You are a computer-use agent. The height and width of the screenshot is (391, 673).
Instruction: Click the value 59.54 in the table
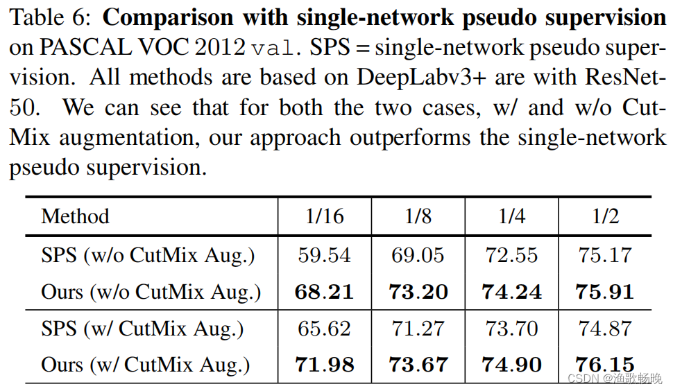[x=324, y=255]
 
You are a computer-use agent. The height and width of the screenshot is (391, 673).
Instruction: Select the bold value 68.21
[x=324, y=291]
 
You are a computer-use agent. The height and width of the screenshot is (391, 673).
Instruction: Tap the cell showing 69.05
[x=418, y=255]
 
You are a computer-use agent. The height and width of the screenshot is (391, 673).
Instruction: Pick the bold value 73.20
[x=418, y=291]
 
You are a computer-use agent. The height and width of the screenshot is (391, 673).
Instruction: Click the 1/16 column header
[x=324, y=216]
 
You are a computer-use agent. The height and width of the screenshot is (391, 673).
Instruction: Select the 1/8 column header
[x=418, y=216]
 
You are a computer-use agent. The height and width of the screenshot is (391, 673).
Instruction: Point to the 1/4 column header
[x=512, y=216]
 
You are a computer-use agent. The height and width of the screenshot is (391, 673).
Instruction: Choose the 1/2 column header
[x=605, y=216]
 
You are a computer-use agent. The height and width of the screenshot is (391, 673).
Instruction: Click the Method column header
[x=75, y=216]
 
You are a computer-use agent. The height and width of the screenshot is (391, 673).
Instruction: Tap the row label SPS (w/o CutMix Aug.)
[x=148, y=255]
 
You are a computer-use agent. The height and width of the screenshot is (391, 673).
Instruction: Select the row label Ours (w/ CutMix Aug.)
[x=145, y=365]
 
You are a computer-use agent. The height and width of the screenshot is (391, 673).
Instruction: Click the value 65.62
[x=324, y=328]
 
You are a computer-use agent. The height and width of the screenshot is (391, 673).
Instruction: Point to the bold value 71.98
[x=324, y=365]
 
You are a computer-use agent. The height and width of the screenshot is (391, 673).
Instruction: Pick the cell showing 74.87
[x=605, y=328]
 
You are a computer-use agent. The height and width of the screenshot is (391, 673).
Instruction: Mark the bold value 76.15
[x=605, y=365]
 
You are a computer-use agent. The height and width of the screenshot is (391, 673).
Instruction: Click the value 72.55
[x=512, y=255]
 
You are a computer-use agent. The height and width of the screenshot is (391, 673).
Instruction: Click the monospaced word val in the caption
[x=276, y=48]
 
